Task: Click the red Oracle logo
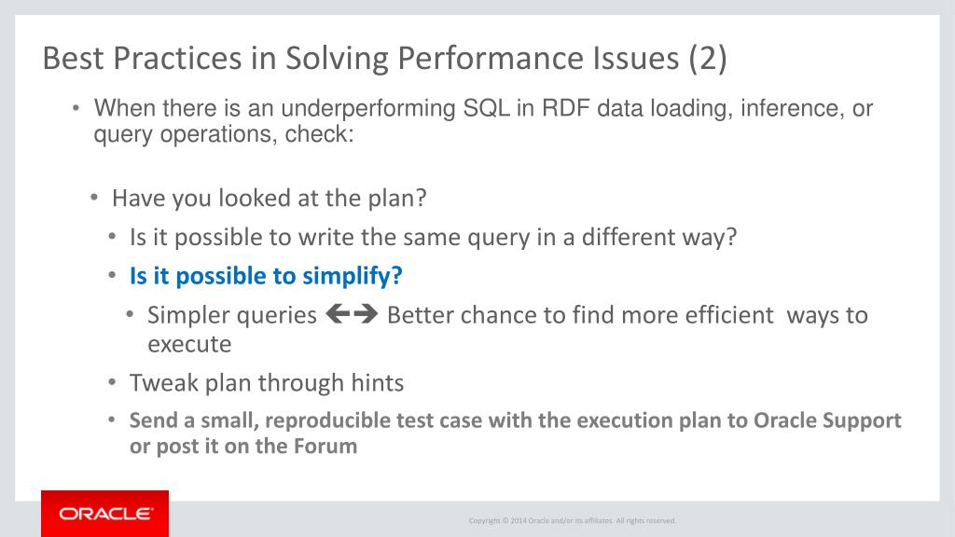point(104,514)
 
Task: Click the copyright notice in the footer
point(572,520)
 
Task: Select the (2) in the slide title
point(708,59)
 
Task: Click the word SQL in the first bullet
point(486,108)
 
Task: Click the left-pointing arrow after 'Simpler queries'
point(339,314)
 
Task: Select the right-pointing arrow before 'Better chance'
point(366,314)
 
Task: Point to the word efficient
point(729,315)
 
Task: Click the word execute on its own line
point(189,345)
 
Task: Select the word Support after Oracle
point(862,420)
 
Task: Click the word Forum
point(325,447)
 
